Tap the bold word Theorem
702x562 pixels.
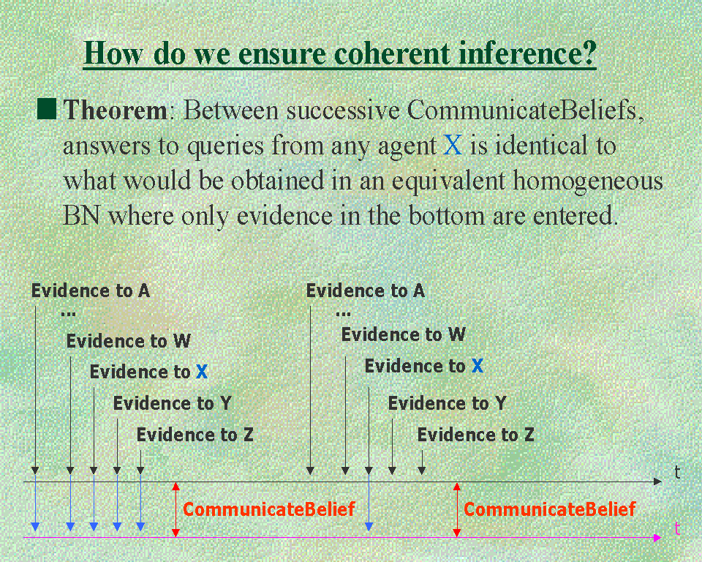[x=115, y=110]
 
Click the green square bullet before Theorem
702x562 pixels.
[x=47, y=109]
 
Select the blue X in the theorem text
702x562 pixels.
[x=453, y=145]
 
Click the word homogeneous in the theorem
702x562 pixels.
[x=588, y=181]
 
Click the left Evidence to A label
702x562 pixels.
[x=91, y=291]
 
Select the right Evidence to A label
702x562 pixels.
[x=366, y=291]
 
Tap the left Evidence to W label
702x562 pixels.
[x=129, y=341]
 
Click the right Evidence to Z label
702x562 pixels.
[x=476, y=435]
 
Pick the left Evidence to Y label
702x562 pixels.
[x=173, y=403]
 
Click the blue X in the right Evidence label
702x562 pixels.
[x=478, y=366]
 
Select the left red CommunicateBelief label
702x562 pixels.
[x=269, y=509]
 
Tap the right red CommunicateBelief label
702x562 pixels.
[x=550, y=509]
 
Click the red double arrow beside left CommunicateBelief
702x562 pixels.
[x=176, y=509]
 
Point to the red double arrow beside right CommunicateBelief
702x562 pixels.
[x=456, y=509]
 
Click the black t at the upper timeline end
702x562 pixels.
[x=677, y=473]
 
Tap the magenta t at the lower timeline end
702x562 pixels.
[x=677, y=528]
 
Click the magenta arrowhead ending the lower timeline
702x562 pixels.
[x=657, y=538]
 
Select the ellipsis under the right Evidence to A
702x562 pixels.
[x=344, y=314]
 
